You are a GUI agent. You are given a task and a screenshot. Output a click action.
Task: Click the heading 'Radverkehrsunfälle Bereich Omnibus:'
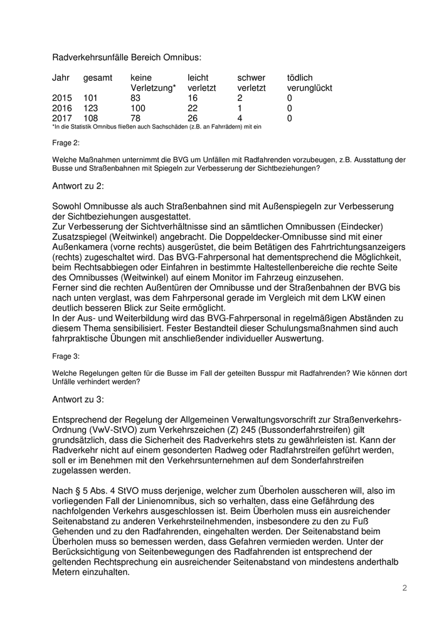[x=127, y=57]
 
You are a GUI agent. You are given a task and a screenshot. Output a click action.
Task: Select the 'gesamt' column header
[x=98, y=78]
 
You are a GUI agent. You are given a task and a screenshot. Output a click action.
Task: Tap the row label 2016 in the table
[x=62, y=108]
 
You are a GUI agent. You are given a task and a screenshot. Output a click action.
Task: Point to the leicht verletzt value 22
[x=193, y=108]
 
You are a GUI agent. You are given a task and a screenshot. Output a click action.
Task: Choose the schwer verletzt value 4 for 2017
[x=240, y=118]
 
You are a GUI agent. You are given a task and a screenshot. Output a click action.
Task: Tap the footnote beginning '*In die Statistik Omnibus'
[x=156, y=127]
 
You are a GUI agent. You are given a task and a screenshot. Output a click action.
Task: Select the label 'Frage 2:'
[x=66, y=142]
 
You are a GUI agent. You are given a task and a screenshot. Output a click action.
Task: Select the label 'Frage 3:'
[x=66, y=356]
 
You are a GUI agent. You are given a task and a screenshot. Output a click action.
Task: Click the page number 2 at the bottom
[x=405, y=587]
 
